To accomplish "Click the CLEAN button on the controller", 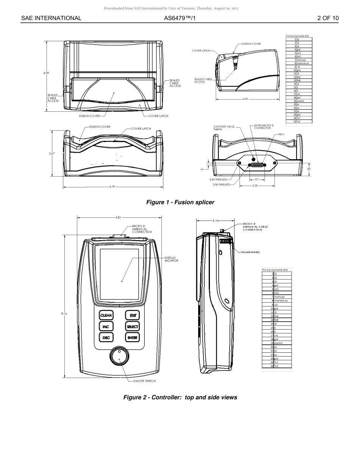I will tap(106, 315).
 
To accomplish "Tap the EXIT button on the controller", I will tap(133, 315).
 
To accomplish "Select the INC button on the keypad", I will tap(106, 327).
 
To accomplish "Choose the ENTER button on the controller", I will tap(133, 338).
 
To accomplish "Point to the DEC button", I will tap(106, 338).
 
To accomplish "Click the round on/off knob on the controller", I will tap(119, 357).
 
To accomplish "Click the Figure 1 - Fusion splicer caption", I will tap(180, 202).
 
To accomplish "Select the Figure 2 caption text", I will tap(180, 397).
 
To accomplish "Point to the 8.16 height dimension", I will tap(64, 314).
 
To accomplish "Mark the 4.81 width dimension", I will tap(118, 217).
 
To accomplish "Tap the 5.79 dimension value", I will tap(112, 187).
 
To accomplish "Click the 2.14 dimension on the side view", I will tap(216, 220).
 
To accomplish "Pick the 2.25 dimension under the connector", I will tap(255, 186).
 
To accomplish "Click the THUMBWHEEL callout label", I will tap(250, 252).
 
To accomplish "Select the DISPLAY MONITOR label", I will tap(171, 259).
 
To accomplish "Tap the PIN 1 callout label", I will tap(282, 134).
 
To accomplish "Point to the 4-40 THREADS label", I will tap(218, 180).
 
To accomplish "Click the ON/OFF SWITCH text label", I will tap(144, 381).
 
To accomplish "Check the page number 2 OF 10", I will tap(328, 18).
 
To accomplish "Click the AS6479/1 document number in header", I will tap(180, 18).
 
